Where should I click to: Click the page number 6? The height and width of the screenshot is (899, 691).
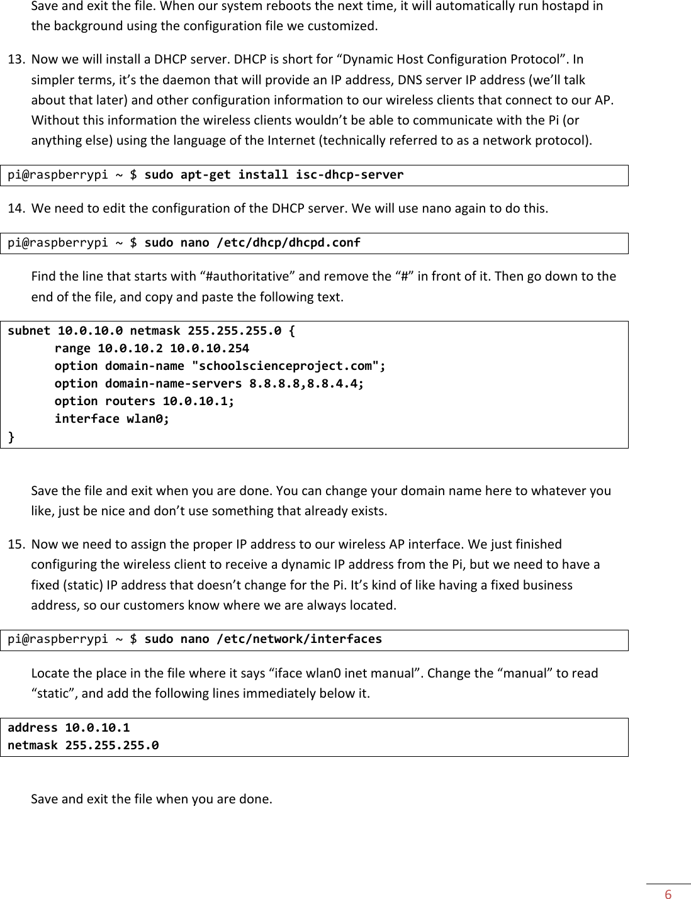668,895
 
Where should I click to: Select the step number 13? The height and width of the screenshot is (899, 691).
16,60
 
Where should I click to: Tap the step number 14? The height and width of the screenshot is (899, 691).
16,208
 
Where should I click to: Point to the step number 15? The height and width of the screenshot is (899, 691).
16,544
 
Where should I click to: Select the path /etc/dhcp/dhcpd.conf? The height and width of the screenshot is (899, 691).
288,243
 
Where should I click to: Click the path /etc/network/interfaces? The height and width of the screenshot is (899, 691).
299,639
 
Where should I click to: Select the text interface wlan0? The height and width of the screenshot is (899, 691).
112,419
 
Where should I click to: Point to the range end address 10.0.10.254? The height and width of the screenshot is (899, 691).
209,349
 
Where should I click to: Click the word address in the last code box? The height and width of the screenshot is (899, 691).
33,728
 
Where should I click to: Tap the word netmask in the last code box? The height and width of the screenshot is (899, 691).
33,745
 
